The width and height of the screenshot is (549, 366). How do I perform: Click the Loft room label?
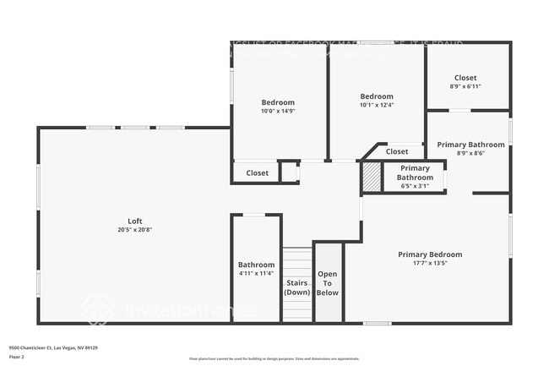click(134, 221)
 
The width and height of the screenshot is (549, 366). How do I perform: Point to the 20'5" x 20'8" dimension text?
click(134, 230)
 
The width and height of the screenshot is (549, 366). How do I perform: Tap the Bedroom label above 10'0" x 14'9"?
click(278, 102)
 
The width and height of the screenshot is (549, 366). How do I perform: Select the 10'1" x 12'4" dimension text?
click(377, 105)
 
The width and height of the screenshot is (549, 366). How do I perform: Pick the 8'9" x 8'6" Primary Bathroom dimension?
click(470, 153)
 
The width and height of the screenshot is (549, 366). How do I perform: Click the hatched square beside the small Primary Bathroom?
click(371, 177)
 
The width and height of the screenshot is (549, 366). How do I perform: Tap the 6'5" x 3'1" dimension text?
click(415, 186)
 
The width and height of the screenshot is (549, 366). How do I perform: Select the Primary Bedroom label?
click(430, 254)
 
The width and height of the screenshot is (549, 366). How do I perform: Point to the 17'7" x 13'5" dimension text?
click(430, 263)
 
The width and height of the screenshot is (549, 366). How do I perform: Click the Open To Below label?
click(328, 283)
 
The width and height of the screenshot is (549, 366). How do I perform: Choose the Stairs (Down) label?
click(296, 287)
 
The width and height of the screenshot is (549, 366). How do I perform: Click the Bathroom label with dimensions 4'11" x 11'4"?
click(256, 265)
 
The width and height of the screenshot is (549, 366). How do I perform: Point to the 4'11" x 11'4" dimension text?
click(256, 273)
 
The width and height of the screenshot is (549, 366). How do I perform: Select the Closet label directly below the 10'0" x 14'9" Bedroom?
click(258, 172)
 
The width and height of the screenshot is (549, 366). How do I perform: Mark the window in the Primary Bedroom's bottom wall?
click(378, 323)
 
